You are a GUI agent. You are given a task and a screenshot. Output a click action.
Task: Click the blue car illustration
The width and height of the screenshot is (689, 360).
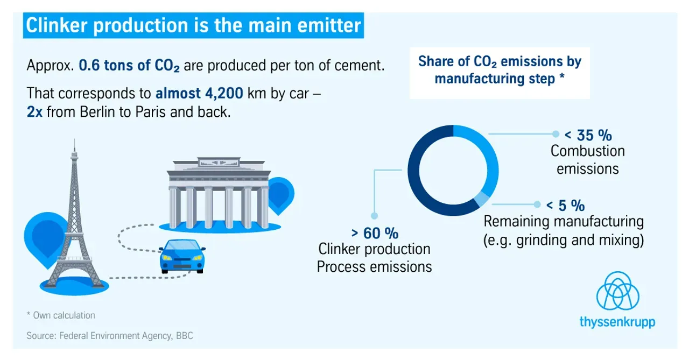pos(182,256)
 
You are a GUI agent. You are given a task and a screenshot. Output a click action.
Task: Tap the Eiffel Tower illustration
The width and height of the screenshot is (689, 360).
pos(74,221)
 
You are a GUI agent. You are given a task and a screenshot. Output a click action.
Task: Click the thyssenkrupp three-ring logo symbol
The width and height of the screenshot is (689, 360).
pos(617,291)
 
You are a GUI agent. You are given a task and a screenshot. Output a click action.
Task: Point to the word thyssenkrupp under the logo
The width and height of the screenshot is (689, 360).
pos(617,322)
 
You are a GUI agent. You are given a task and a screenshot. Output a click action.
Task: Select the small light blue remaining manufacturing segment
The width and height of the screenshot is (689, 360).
pos(482,199)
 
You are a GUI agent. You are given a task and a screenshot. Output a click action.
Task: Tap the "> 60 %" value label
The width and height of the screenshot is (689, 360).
pos(375,233)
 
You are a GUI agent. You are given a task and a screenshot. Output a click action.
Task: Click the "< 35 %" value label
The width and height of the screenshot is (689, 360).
pos(588,135)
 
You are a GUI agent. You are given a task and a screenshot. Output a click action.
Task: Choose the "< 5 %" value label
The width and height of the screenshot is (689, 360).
pos(565,206)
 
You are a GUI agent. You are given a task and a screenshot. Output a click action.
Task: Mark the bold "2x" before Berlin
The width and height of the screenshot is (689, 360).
pos(34,112)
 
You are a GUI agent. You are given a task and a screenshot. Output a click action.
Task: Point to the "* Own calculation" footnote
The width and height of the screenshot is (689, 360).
pos(61,315)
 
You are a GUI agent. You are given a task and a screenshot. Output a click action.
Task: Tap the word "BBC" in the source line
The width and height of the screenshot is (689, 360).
pos(185,336)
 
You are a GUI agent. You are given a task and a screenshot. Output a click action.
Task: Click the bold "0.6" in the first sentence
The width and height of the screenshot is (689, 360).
pos(89,66)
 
